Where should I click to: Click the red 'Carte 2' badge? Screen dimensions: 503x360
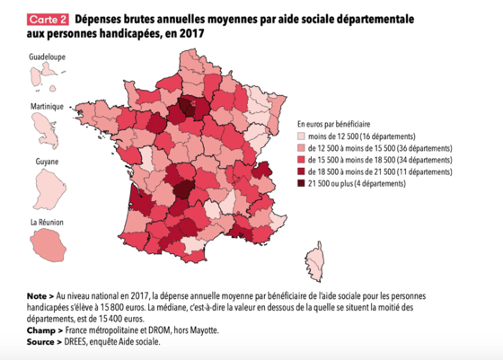(x=48, y=20)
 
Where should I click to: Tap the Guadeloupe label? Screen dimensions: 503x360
(x=47, y=57)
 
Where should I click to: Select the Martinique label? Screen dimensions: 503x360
(x=47, y=107)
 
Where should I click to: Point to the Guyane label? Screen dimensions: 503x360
(x=47, y=162)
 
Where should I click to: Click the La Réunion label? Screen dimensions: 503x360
(x=47, y=222)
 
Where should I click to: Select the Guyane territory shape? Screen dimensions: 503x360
(x=49, y=189)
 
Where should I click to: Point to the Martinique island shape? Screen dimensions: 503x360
(x=46, y=131)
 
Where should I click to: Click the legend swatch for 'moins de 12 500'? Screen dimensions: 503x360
(x=301, y=136)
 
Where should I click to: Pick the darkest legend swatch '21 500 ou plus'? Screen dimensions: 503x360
(x=301, y=183)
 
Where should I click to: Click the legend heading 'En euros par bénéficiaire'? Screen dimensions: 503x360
(x=333, y=124)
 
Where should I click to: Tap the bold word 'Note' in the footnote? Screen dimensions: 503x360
(x=37, y=296)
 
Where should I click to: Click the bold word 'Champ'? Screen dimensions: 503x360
(x=41, y=330)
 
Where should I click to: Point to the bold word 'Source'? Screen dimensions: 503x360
(x=40, y=342)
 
